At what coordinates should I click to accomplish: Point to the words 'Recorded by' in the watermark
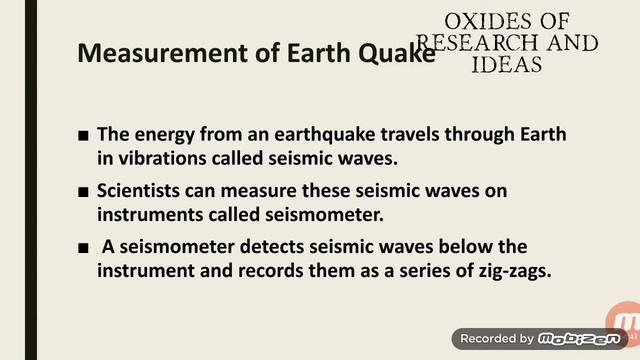tap(496, 339)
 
